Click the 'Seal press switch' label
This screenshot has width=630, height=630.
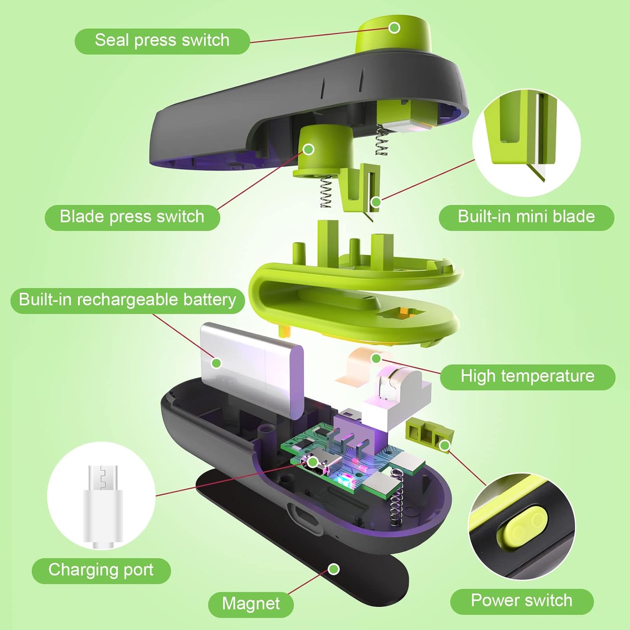click(162, 41)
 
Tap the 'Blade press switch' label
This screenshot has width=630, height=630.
click(132, 217)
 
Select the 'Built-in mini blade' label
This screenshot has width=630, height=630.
click(526, 217)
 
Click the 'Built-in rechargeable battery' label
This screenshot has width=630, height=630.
click(127, 300)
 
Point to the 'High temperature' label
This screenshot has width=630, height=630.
click(528, 377)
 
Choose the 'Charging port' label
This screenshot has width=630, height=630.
click(101, 570)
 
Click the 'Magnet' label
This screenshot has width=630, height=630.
click(251, 604)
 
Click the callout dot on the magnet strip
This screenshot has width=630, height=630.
click(333, 569)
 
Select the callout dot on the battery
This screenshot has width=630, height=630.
click(216, 362)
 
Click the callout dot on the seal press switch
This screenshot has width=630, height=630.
click(394, 28)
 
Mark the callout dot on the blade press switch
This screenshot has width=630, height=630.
click(309, 149)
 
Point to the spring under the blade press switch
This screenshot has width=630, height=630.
click(325, 192)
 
